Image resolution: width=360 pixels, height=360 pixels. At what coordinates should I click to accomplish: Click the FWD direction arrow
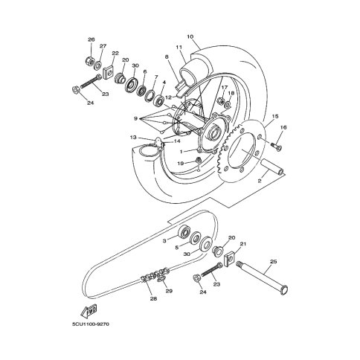point(89,312)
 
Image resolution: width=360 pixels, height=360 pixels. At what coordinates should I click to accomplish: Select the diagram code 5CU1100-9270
point(91,324)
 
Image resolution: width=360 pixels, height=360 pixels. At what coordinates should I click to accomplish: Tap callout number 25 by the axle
point(274,262)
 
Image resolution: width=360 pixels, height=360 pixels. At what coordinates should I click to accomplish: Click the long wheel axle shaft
point(262,278)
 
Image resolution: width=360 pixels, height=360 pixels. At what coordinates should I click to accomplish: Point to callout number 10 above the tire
point(190,36)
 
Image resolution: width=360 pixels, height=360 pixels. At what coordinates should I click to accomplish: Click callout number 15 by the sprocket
point(275,116)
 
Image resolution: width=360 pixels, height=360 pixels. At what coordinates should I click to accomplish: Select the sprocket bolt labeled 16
point(275,146)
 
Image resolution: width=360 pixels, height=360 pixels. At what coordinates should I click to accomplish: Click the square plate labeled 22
point(108,72)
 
